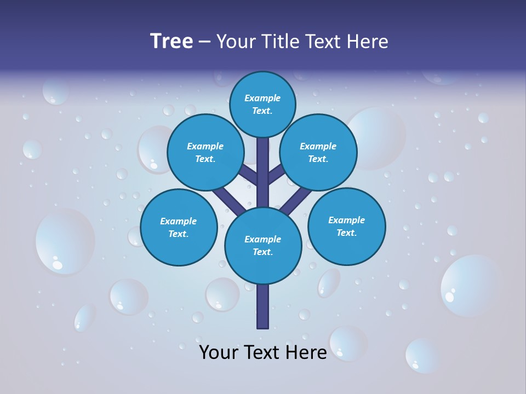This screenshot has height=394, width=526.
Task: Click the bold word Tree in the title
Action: (x=171, y=41)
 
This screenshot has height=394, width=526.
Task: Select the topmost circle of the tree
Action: (x=262, y=104)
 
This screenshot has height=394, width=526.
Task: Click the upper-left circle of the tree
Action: (x=205, y=152)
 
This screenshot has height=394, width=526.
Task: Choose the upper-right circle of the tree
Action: (x=318, y=152)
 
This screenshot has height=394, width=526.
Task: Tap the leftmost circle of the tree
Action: (x=178, y=227)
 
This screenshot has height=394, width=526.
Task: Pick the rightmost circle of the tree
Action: (x=346, y=226)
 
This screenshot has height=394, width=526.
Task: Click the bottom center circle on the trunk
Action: (x=263, y=245)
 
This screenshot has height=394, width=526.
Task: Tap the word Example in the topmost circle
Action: (x=262, y=98)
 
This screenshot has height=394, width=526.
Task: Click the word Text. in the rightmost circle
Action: (x=346, y=233)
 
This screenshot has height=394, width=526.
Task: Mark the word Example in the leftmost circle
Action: (x=178, y=221)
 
